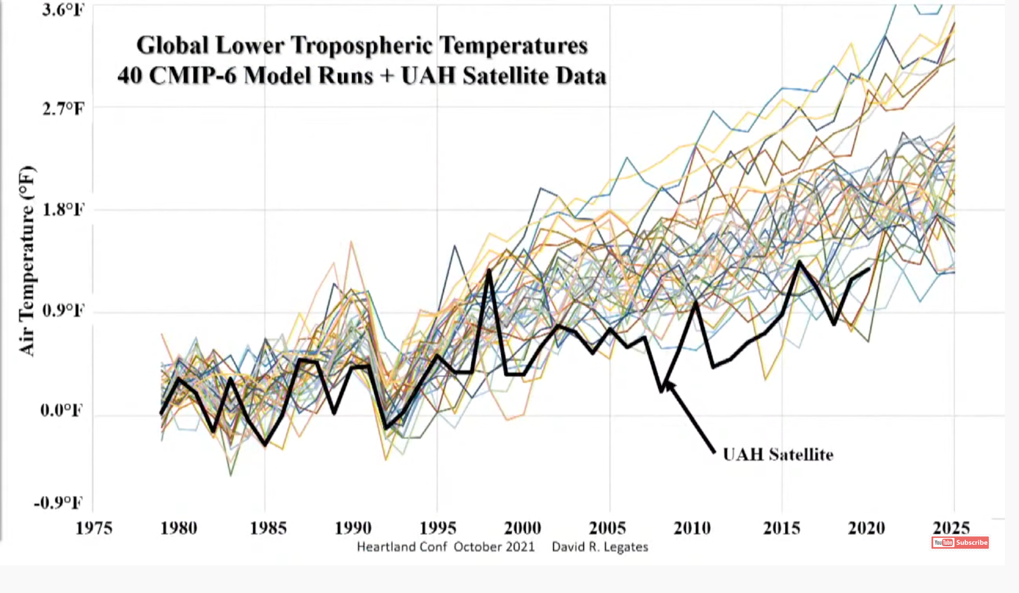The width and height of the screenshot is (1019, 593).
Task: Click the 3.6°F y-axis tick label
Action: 63,10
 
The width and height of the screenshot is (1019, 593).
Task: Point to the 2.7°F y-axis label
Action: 63,108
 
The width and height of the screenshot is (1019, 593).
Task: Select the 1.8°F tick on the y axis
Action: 63,209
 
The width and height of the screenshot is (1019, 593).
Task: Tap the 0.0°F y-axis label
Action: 61,410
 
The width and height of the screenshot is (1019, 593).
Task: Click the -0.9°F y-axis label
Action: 58,502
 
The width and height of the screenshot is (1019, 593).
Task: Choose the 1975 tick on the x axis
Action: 94,528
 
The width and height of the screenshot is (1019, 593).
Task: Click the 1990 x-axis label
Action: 353,528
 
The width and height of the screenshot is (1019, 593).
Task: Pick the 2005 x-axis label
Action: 607,528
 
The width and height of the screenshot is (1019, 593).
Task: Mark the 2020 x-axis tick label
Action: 866,528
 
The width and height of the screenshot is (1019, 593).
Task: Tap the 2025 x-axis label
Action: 951,528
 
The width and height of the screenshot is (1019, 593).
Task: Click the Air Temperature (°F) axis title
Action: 27,261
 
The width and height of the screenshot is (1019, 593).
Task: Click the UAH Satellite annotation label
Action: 778,455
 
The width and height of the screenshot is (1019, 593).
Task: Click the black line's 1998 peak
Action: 489,270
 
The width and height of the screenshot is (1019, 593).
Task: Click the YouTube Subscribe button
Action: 960,542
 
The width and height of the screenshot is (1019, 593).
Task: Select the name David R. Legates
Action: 600,547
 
